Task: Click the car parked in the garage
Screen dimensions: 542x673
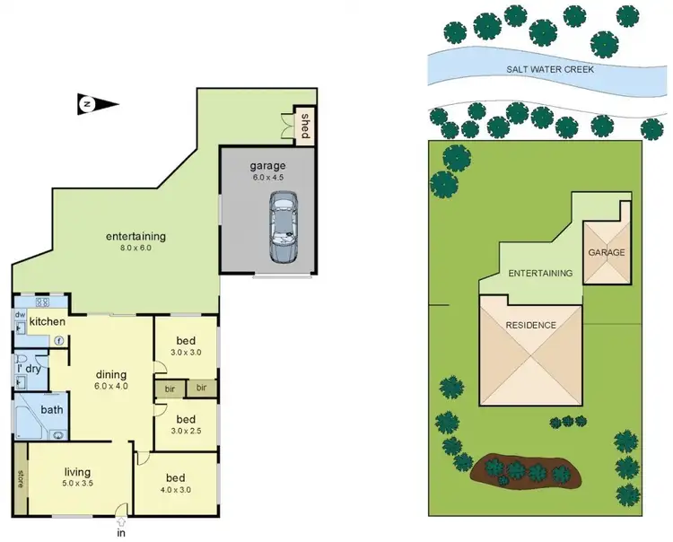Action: (x=284, y=231)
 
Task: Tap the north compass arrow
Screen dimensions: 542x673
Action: (x=98, y=105)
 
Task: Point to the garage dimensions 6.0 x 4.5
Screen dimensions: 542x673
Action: (x=267, y=178)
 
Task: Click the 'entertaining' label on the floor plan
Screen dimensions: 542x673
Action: (x=135, y=237)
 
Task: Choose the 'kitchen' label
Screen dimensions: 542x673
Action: (x=46, y=321)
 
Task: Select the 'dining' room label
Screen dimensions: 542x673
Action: (x=112, y=375)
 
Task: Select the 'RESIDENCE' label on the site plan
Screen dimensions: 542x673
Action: (x=531, y=325)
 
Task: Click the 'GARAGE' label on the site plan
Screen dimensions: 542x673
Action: (x=607, y=253)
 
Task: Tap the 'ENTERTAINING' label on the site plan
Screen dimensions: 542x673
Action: (x=540, y=273)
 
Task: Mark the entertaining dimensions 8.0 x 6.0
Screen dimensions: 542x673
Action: (x=135, y=248)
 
